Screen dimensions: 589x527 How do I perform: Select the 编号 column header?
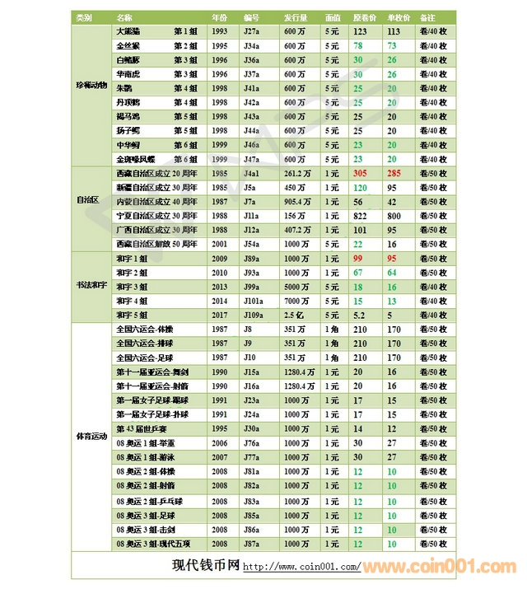[x=252, y=16]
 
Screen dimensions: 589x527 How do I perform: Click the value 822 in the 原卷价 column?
[x=359, y=216]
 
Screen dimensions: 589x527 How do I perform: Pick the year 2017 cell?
[x=220, y=315]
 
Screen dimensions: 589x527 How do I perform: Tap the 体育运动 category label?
[x=89, y=436]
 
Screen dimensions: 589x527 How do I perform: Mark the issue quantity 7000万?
[x=297, y=300]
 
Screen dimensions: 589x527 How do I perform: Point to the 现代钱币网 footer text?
[x=205, y=566]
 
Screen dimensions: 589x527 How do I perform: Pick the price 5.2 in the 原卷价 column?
[x=359, y=315]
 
